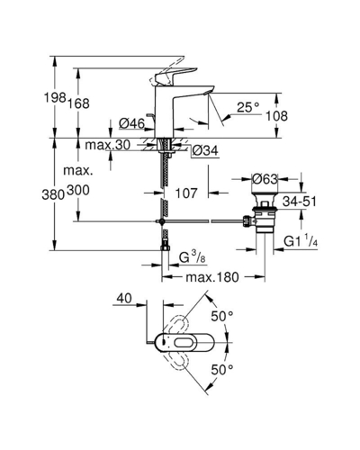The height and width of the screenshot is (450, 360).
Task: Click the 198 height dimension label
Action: [55, 97]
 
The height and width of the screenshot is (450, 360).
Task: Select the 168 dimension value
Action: [78, 103]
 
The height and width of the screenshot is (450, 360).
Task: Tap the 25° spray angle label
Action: [248, 107]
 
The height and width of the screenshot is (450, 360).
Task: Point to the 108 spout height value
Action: [276, 116]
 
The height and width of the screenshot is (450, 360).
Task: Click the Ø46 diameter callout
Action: [131, 123]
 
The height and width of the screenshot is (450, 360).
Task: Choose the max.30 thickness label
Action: [108, 145]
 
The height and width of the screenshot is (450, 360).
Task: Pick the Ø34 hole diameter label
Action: [205, 150]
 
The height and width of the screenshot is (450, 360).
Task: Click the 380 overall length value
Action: [53, 195]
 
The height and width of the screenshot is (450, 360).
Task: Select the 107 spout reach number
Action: [186, 193]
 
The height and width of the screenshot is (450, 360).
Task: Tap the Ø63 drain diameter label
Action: [265, 179]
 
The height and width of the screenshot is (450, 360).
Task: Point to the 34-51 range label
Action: [300, 202]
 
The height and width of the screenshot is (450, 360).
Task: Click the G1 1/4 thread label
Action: [301, 241]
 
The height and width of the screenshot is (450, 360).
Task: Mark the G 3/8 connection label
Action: [193, 257]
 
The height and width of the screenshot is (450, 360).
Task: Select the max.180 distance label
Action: [212, 277]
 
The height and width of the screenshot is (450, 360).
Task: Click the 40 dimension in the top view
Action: [124, 298]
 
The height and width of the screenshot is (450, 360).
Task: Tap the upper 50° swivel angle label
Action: [222, 316]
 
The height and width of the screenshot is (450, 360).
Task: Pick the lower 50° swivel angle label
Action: [222, 369]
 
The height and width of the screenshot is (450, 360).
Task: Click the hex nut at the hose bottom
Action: [165, 247]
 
